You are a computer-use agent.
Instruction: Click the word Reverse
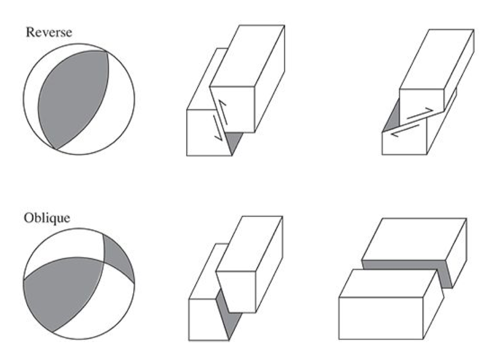pyautogui.click(x=49, y=32)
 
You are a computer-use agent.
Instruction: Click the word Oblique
pyautogui.click(x=47, y=217)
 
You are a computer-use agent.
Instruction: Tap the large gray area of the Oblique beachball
pyautogui.click(x=63, y=293)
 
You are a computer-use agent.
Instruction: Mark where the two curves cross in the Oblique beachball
pyautogui.click(x=103, y=261)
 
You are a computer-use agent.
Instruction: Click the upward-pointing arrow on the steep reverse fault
pyautogui.click(x=223, y=113)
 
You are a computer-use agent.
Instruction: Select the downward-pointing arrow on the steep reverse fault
pyautogui.click(x=218, y=127)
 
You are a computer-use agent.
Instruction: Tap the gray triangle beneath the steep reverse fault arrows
pyautogui.click(x=235, y=141)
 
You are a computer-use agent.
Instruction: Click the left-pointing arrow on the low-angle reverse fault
pyautogui.click(x=405, y=130)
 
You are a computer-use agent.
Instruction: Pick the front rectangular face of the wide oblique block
pyautogui.click(x=381, y=318)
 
